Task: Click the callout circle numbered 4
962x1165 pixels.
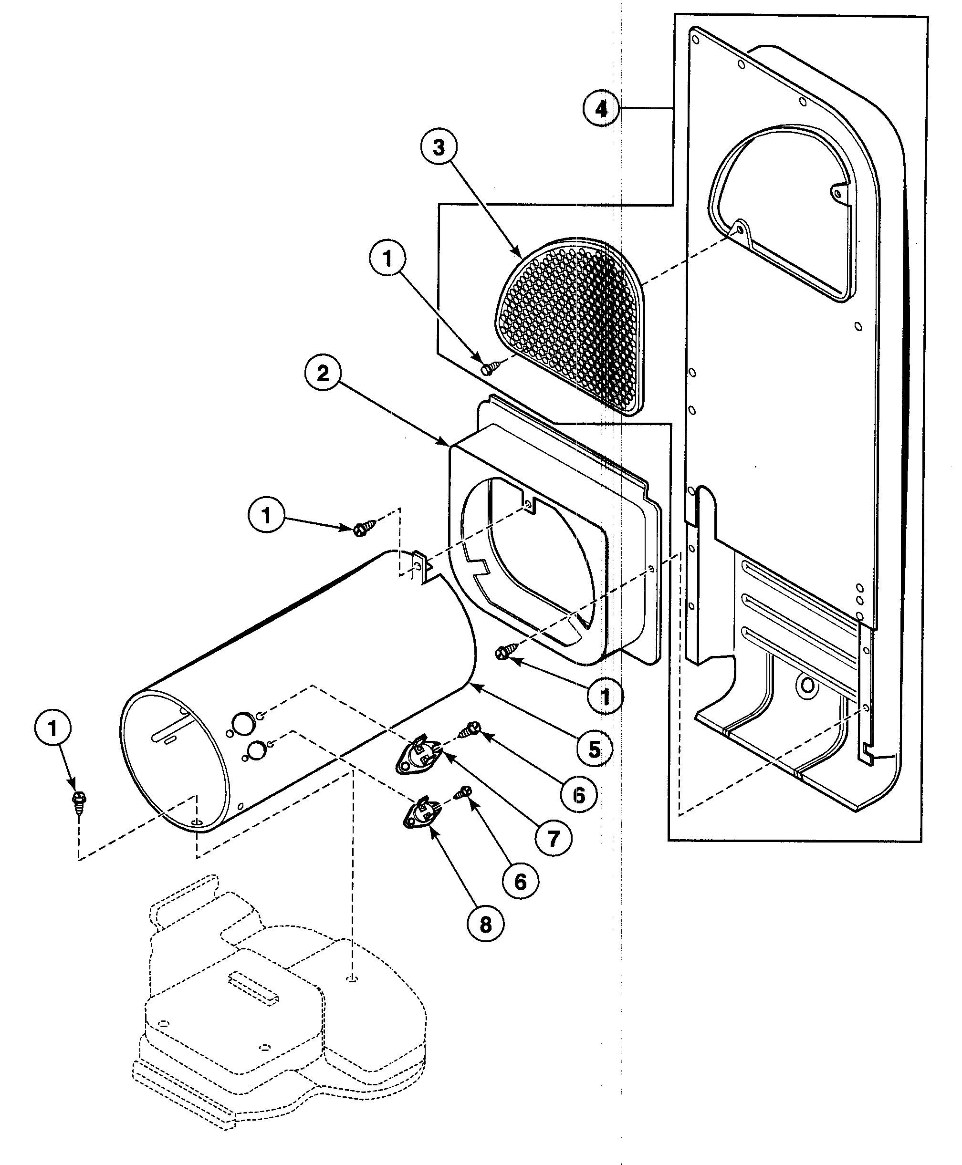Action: point(601,109)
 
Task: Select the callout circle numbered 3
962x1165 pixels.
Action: point(439,147)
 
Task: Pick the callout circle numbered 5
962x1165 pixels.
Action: point(594,749)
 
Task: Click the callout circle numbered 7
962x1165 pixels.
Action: point(554,838)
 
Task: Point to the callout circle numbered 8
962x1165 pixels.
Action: point(485,924)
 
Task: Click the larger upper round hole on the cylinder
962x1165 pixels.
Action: point(241,723)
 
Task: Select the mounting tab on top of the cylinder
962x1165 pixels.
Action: point(423,566)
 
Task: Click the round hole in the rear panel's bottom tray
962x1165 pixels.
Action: point(807,687)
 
